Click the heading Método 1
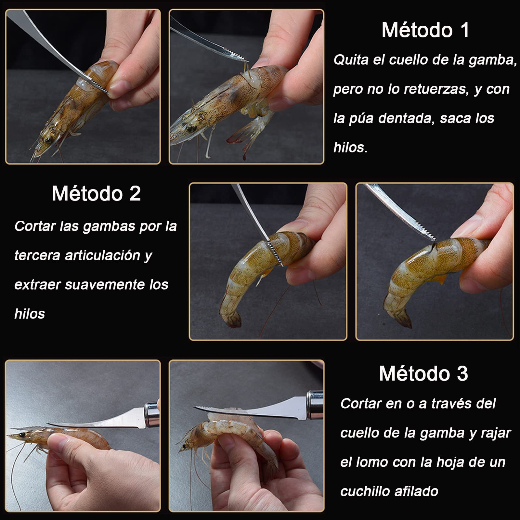[x=425, y=30]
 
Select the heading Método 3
[x=423, y=373]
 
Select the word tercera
[x=37, y=255]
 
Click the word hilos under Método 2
[x=30, y=314]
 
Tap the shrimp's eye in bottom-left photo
[x=22, y=435]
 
